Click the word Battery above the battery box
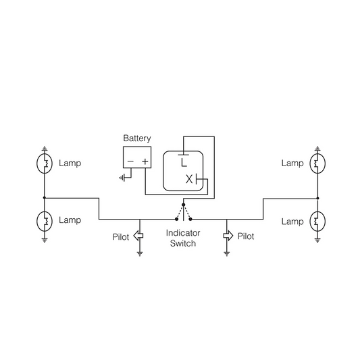coord(137,138)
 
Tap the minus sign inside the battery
coord(130,161)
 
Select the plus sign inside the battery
coord(145,161)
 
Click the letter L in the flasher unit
coord(184,162)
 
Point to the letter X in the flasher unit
coord(189,179)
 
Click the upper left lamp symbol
coord(45,163)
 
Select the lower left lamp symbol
coord(45,221)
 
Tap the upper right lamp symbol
coord(317,163)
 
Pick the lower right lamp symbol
coord(317,221)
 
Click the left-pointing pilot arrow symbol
coord(138,236)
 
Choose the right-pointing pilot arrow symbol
coord(228,236)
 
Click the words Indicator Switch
coord(183,238)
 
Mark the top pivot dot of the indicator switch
coord(183,205)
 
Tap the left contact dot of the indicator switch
coord(176,220)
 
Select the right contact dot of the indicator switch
coord(190,220)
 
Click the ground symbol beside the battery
coord(122,178)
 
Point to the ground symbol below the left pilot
coord(140,254)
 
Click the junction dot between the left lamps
coord(45,198)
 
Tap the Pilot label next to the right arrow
coord(246,236)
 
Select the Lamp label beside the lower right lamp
coord(292,222)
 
